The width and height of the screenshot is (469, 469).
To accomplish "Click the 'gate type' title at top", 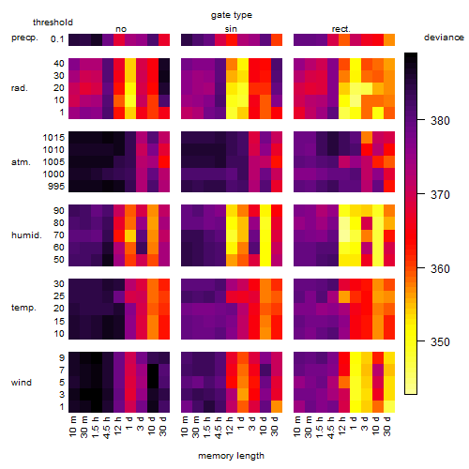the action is (232, 15).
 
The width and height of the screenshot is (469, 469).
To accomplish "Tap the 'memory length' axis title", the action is (232, 456).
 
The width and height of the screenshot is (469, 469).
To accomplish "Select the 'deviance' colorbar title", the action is (444, 38).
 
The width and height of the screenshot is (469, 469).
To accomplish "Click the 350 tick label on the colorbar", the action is (440, 341).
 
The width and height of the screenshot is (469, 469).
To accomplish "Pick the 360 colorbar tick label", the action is (440, 268).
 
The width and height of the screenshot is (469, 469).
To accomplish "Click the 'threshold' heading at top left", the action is (53, 23).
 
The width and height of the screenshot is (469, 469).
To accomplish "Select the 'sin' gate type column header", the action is (231, 29).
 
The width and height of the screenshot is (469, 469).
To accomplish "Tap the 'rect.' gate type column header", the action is (341, 29).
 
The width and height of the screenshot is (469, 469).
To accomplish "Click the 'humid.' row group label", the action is (26, 234).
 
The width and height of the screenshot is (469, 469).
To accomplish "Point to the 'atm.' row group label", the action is (21, 162).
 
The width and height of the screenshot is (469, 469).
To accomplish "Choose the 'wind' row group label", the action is (22, 382).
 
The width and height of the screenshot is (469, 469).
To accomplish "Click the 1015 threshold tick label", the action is (53, 137).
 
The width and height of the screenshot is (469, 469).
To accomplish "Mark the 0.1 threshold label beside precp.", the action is (57, 39).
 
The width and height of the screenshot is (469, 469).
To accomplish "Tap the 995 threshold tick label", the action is (56, 186).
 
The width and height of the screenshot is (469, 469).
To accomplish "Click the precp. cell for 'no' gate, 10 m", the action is (74, 39).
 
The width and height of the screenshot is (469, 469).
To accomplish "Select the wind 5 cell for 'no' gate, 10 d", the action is (153, 382).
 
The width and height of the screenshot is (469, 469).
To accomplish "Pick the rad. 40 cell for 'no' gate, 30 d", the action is (164, 64).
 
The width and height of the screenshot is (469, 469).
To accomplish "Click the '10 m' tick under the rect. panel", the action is (297, 426).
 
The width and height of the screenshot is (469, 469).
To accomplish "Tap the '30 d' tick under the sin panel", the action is (275, 426).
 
